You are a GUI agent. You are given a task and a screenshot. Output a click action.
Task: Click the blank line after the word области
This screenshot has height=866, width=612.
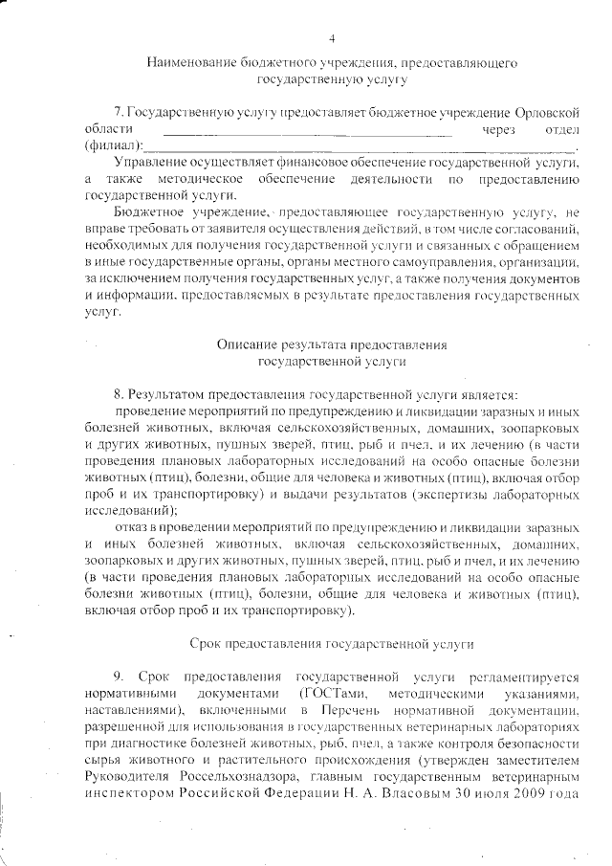[307, 132]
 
